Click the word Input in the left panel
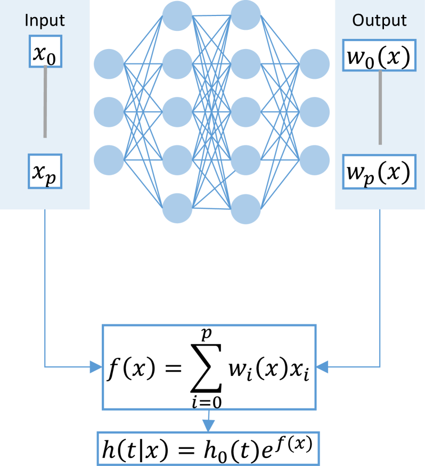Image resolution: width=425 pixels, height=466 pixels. pos(45,21)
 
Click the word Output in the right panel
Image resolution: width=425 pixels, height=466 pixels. pos(379,21)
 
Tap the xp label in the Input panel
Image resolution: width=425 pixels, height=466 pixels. pos(45,175)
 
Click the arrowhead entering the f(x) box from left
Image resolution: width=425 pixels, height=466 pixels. pos(96,366)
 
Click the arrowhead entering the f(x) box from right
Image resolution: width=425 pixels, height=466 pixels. pos(323,366)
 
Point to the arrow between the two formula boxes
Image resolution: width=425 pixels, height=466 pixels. pos(208,423)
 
